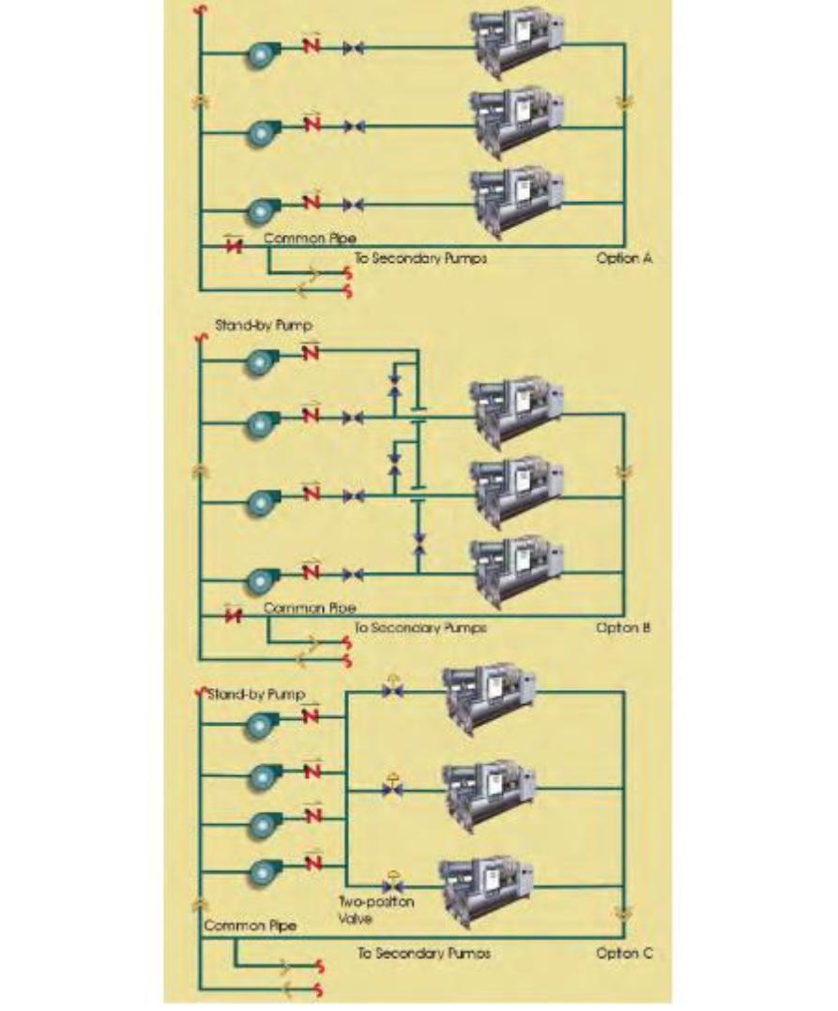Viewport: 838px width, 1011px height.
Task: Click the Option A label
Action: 623,258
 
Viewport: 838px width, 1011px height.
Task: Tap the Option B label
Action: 623,627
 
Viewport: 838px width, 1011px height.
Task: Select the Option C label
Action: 623,954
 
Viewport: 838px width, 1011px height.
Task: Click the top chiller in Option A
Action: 516,42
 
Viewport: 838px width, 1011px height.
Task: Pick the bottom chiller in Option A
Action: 516,199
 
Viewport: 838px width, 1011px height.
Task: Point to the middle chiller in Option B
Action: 516,490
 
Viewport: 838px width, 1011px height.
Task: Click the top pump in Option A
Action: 260,55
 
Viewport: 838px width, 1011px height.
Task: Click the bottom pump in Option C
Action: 260,873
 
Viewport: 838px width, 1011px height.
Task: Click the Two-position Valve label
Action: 376,910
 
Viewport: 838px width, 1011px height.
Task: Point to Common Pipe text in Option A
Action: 310,239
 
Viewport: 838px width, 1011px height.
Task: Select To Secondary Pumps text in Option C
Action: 424,954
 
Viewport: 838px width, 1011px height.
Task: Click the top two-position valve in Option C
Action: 392,691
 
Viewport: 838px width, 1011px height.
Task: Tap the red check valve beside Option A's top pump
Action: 312,46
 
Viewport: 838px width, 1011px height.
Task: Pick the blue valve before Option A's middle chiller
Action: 354,126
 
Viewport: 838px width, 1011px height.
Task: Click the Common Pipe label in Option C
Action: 251,927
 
